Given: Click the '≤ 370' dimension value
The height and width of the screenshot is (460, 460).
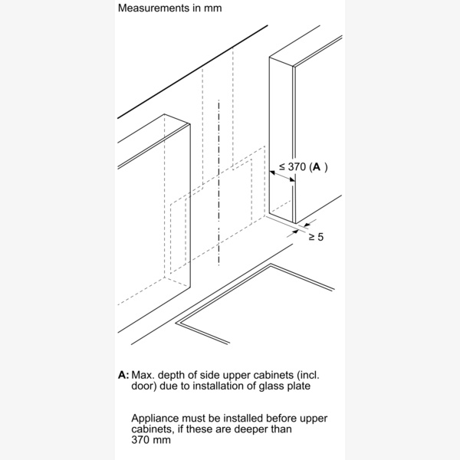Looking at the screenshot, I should tap(293, 166).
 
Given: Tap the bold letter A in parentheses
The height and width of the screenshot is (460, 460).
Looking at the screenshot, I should tap(317, 166).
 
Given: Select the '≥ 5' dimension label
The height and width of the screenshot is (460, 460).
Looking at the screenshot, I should tap(315, 237).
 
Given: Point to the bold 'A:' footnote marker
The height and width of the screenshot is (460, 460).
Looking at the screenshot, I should tap(123, 376).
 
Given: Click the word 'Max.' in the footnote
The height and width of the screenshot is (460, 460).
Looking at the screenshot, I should tap(143, 376).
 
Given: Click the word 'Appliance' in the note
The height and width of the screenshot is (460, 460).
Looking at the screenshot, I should tap(156, 419).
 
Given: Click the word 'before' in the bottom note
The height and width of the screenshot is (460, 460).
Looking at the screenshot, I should tap(283, 419).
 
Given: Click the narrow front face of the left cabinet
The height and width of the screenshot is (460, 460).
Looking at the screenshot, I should tap(178, 207).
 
